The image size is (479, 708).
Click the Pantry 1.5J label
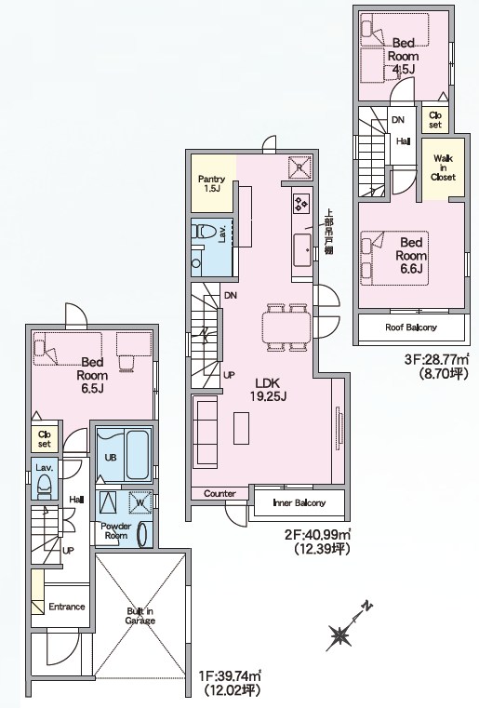211,183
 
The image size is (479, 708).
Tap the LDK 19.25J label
269,390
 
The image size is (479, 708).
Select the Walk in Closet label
443,167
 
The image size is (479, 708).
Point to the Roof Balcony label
411,327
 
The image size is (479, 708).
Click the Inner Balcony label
299,502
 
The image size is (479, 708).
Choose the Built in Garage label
140,616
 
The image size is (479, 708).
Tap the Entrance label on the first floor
67,607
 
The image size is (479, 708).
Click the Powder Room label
116,530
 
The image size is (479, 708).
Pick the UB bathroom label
111,458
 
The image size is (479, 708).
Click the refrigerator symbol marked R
299,167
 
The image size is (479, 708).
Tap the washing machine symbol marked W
140,502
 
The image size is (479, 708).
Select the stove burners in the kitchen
301,203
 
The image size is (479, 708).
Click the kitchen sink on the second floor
302,250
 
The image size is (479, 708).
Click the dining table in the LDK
286,327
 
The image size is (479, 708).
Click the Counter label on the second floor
220,493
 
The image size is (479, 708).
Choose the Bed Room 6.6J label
411,256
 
